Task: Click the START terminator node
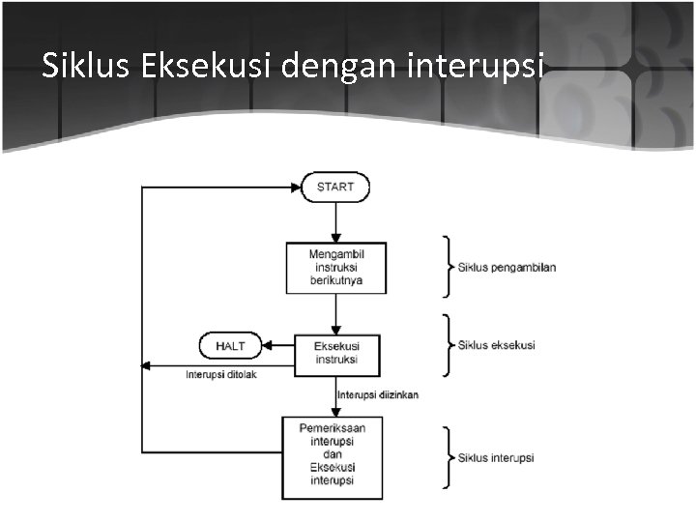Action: [335, 187]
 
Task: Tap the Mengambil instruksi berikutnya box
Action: [335, 268]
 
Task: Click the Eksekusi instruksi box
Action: [335, 353]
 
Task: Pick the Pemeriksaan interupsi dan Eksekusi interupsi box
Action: [332, 454]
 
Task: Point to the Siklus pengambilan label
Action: [507, 267]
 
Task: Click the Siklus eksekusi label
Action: [496, 345]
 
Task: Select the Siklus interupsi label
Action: [495, 457]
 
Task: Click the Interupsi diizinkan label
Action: [378, 395]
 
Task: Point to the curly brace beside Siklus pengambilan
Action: [448, 266]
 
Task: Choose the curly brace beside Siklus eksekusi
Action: [448, 344]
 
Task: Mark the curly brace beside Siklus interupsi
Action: [448, 456]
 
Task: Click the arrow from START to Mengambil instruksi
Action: [335, 222]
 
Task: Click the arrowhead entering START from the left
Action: [296, 187]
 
